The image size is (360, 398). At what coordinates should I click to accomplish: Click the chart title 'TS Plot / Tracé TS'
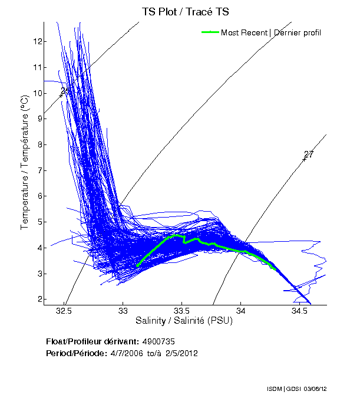coord(185,12)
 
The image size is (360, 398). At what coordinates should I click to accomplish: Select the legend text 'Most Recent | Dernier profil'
coord(271,32)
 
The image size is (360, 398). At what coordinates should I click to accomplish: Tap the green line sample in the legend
coord(210,32)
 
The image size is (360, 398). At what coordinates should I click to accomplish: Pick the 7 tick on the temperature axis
coord(39,170)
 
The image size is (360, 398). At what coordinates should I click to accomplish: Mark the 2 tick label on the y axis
coord(39,300)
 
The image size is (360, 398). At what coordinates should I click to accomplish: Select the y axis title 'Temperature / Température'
coord(25,162)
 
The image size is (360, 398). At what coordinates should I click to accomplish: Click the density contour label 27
coord(309,154)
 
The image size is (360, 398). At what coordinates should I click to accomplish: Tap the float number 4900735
coord(158,341)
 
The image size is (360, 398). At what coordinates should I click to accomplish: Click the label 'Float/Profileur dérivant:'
coord(92,341)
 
